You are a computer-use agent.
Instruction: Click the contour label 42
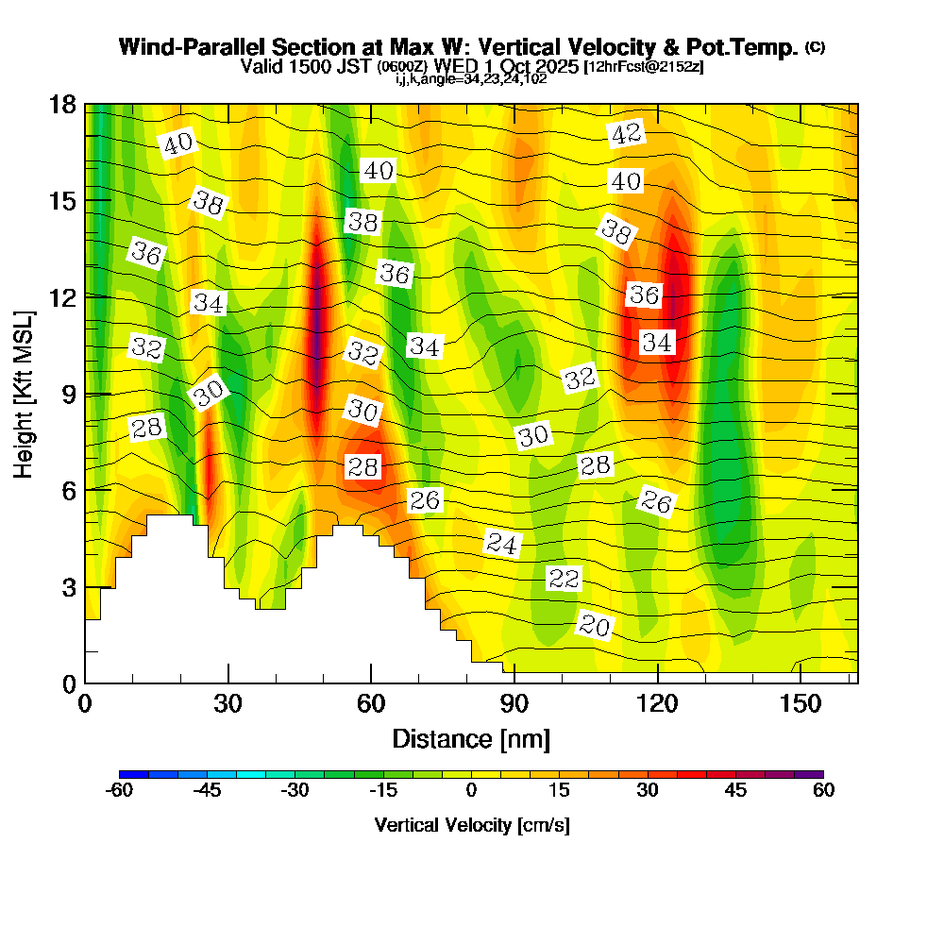point(626,134)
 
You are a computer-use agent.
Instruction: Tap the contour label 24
point(503,543)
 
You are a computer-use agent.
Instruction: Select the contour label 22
point(564,579)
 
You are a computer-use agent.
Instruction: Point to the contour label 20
point(595,626)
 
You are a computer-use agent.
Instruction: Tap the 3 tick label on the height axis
point(68,587)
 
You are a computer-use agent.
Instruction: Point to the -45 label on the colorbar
point(207,791)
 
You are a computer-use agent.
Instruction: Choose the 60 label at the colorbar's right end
point(823,791)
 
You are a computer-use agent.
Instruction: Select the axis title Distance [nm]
point(471,738)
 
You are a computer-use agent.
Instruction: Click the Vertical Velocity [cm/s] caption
point(471,825)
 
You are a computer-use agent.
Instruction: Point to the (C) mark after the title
point(815,46)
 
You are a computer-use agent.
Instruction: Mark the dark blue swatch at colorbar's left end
point(134,774)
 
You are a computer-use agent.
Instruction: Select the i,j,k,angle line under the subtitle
point(471,79)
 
